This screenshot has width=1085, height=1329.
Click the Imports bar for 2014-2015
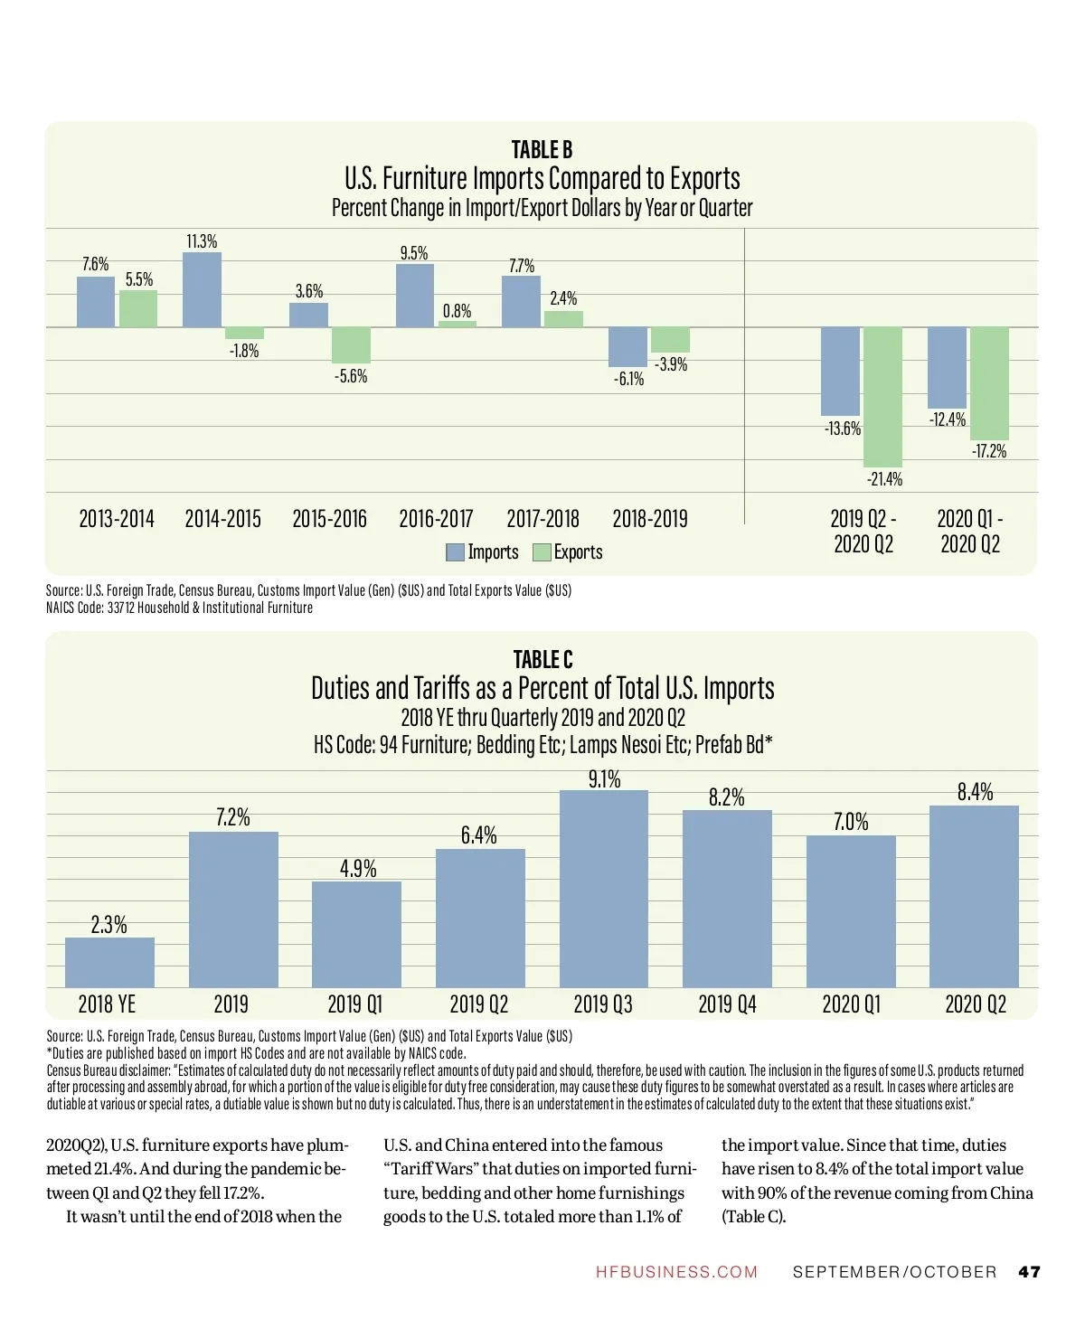tap(202, 290)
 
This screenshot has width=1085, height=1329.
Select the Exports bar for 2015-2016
tap(351, 345)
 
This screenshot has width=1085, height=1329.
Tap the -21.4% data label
tap(884, 479)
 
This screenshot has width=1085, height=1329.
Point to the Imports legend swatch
tap(456, 552)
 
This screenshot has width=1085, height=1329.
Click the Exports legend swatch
tap(542, 552)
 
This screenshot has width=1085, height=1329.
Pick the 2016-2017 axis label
tap(436, 519)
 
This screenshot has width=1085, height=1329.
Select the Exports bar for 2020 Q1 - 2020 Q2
tap(989, 383)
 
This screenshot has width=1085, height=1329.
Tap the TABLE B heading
tap(542, 149)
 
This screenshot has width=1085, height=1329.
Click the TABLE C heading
tap(542, 659)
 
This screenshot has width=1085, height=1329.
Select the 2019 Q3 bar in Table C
tap(604, 889)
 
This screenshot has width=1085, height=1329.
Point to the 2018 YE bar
tap(109, 962)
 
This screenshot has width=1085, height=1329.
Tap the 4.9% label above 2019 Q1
tap(358, 869)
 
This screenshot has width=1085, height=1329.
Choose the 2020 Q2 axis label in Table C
tap(975, 1004)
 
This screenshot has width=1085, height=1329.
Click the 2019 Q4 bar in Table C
tap(727, 899)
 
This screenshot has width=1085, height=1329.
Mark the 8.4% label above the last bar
tap(975, 792)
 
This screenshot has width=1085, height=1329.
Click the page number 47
tap(1029, 1272)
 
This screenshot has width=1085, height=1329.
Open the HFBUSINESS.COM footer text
tap(676, 1272)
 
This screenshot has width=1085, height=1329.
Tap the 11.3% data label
tap(202, 241)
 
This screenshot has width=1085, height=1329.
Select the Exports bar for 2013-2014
tap(138, 308)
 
